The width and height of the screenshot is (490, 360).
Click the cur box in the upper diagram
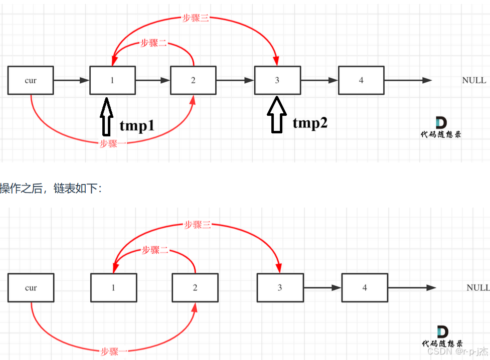[31, 80]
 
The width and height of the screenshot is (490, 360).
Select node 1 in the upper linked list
[112, 80]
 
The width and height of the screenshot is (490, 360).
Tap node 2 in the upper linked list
[193, 80]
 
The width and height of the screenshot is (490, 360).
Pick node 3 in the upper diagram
[277, 80]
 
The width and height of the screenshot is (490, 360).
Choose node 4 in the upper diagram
[361, 80]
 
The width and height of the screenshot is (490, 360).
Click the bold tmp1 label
[137, 126]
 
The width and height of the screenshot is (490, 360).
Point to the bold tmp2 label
[310, 123]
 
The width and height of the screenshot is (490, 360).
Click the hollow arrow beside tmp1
[106, 117]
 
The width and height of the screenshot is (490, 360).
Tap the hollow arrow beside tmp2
[276, 115]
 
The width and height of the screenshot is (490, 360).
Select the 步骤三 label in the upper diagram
[195, 19]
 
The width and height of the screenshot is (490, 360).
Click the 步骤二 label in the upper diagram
[154, 43]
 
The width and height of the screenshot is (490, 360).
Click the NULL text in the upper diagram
[474, 80]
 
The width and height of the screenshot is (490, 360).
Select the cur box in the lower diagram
[31, 288]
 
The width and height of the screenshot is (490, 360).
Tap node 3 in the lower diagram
[280, 288]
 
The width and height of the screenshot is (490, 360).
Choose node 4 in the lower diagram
[365, 288]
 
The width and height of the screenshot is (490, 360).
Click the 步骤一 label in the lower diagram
[114, 351]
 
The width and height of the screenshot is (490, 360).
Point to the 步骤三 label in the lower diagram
[198, 225]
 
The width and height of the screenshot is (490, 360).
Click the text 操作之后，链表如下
[51, 189]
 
